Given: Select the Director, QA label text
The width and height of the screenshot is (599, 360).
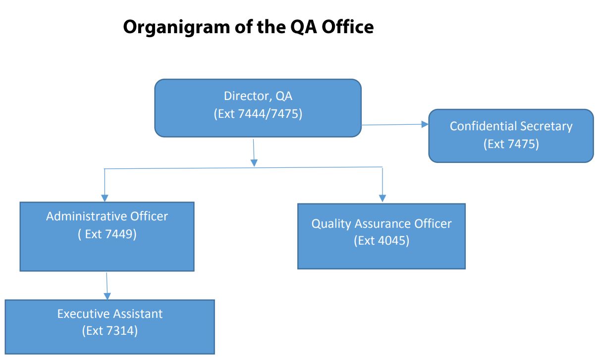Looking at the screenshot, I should pyautogui.click(x=258, y=96).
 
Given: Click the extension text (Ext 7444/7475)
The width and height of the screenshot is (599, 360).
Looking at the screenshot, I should pyautogui.click(x=258, y=113).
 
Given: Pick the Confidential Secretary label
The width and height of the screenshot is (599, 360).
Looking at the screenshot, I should pyautogui.click(x=511, y=126).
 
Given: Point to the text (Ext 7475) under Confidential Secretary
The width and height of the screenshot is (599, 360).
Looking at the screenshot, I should pyautogui.click(x=511, y=144).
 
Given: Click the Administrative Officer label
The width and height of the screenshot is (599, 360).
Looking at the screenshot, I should pyautogui.click(x=107, y=216).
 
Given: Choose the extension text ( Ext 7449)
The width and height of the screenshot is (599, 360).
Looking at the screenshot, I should pyautogui.click(x=107, y=234).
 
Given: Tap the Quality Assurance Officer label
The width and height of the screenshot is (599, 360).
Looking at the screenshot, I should pyautogui.click(x=381, y=224).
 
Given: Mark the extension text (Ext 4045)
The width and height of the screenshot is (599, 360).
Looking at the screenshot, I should pyautogui.click(x=381, y=241).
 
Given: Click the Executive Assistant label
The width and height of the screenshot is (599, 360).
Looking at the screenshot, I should pyautogui.click(x=110, y=313).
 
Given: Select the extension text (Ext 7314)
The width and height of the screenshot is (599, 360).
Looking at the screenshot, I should pyautogui.click(x=110, y=331).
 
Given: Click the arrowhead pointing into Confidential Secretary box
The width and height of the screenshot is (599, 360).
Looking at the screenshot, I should pyautogui.click(x=425, y=125).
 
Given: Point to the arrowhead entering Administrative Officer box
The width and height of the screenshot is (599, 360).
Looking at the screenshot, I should pyautogui.click(x=104, y=197).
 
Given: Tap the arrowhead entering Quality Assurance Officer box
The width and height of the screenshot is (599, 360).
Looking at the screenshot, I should pyautogui.click(x=382, y=198).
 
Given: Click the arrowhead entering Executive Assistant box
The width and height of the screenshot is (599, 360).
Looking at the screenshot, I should pyautogui.click(x=107, y=296).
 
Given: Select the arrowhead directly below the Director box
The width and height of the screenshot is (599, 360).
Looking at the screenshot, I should pyautogui.click(x=254, y=163).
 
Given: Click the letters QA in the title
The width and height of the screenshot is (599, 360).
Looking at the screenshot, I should pyautogui.click(x=303, y=27).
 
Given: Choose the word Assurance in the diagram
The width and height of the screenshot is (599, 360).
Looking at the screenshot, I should pyautogui.click(x=378, y=224).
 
